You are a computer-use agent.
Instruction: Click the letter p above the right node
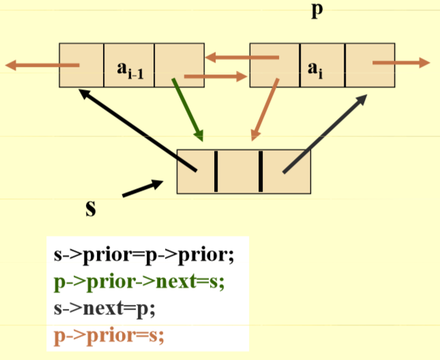click(315, 12)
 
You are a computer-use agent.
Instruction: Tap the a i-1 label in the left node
click(129, 68)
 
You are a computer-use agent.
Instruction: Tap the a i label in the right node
click(314, 67)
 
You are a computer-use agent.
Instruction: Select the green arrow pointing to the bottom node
click(188, 107)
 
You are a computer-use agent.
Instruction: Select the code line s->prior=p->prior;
click(144, 256)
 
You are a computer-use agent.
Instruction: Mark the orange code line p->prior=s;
click(109, 334)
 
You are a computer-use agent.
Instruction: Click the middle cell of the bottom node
click(238, 171)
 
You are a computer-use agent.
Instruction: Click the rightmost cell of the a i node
click(370, 65)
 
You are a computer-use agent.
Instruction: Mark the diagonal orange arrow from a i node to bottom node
click(265, 109)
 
